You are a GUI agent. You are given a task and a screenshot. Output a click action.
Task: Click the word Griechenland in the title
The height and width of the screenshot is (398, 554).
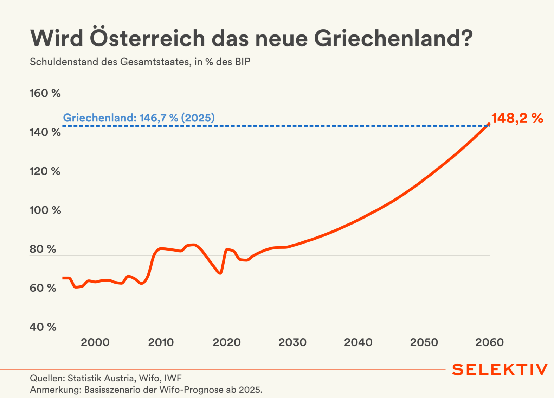point(393,38)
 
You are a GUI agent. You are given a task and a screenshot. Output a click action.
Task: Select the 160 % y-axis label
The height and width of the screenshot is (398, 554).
point(45,93)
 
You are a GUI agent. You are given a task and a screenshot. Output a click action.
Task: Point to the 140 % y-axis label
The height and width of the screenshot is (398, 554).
point(45,132)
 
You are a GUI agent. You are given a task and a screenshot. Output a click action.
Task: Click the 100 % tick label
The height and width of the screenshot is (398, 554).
point(45,210)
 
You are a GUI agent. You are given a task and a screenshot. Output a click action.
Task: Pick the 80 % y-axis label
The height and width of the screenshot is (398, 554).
point(43,249)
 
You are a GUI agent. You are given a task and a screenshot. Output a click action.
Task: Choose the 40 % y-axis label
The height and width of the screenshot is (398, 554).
point(43,327)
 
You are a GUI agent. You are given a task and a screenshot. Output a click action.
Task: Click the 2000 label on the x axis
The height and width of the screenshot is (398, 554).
point(95,342)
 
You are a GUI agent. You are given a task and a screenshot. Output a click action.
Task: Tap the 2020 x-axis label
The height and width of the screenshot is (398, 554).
point(226,342)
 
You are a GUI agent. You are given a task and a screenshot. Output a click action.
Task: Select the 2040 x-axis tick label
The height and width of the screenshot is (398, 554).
point(358,342)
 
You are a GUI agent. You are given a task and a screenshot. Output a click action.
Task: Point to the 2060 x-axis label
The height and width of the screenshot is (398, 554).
point(489,342)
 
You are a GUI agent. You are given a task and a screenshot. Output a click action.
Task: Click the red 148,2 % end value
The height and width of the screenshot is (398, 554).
point(517,118)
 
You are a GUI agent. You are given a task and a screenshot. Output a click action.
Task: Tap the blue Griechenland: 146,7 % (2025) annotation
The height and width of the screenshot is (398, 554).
point(139,118)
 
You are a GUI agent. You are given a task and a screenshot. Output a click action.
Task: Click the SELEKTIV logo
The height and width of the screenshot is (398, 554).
point(500,369)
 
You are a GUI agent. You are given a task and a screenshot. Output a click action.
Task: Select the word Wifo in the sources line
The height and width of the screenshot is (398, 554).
point(149,378)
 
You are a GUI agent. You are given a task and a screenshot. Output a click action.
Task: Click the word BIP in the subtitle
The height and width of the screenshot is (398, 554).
point(243,62)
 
